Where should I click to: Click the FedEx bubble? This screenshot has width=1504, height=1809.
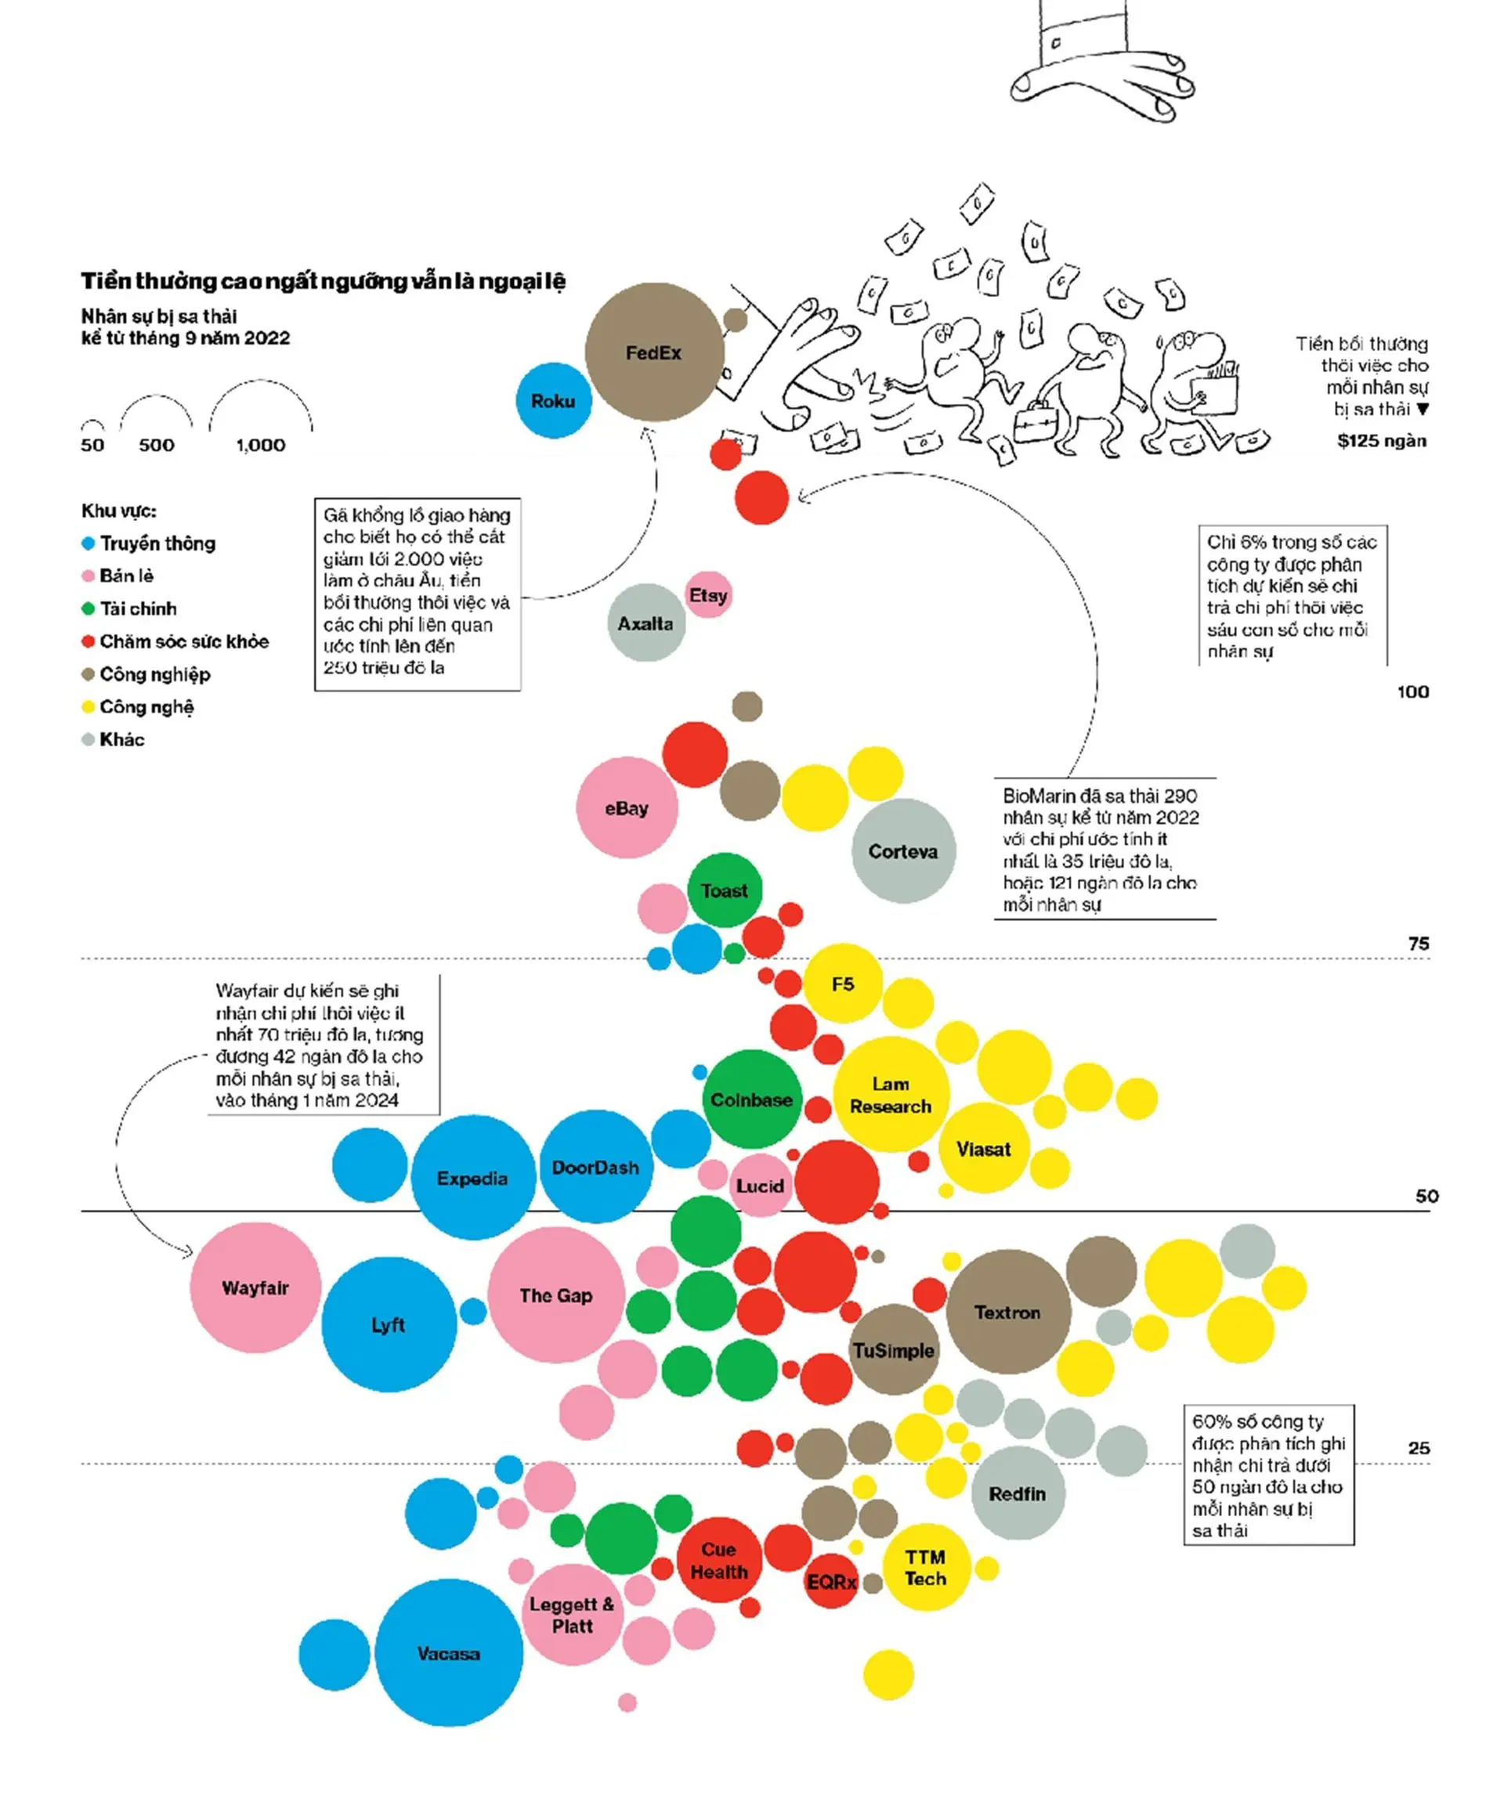coord(654,352)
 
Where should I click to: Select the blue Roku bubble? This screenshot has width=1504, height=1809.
coord(553,401)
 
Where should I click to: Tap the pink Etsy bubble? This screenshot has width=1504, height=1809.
coord(708,594)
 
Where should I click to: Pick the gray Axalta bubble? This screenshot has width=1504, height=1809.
coord(646,623)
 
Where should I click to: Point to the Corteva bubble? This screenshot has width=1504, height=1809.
coord(903,851)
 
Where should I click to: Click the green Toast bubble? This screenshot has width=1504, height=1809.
coord(725,890)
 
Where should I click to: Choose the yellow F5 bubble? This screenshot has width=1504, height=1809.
coord(843,984)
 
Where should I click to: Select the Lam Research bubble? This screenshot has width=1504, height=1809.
coord(891,1095)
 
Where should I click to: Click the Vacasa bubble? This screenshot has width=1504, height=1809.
coord(449,1653)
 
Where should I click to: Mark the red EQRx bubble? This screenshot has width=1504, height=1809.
coord(832,1582)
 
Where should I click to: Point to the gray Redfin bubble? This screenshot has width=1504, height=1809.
coord(1018,1493)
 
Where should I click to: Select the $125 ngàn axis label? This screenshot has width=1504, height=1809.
coord(1382,441)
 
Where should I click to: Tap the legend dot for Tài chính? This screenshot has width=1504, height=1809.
coord(88,609)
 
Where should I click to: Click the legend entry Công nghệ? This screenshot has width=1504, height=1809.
coord(146,707)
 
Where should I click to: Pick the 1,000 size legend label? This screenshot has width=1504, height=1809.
coord(260,446)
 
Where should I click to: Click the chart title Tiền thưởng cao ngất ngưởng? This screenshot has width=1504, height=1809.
coord(324,281)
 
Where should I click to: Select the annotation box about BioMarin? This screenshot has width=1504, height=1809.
coord(1104,849)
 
